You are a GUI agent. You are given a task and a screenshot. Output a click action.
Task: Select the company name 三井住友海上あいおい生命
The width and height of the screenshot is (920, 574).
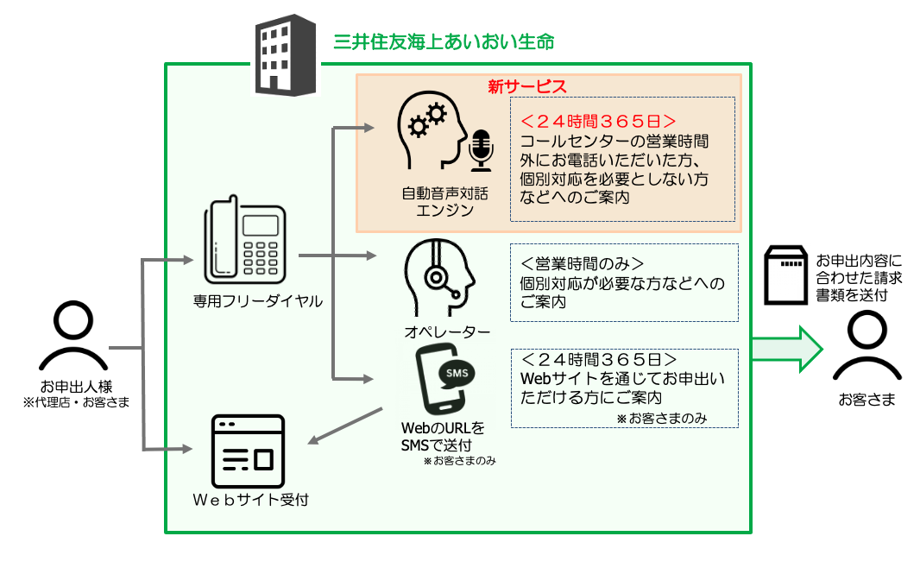pyautogui.click(x=444, y=41)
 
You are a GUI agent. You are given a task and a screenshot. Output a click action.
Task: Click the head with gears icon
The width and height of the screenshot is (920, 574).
pyautogui.click(x=428, y=134)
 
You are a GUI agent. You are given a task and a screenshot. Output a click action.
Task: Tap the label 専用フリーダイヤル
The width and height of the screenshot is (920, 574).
pyautogui.click(x=257, y=301)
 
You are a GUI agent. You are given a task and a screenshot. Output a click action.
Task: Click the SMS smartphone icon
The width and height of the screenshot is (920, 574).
pyautogui.click(x=443, y=381)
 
